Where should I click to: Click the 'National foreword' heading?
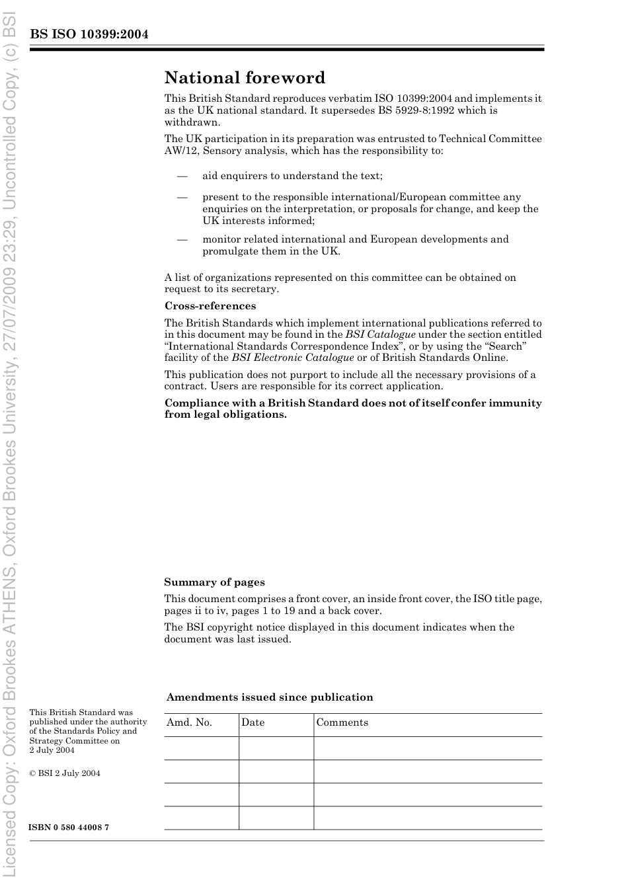[245, 78]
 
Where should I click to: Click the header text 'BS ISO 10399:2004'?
[89, 34]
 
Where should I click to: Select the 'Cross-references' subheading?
[210, 306]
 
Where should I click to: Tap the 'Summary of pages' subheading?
[214, 582]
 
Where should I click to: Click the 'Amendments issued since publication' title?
[270, 697]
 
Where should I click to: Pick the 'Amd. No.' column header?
[189, 722]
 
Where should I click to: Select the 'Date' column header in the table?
[253, 722]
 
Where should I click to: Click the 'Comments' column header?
[342, 722]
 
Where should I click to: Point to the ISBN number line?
[69, 828]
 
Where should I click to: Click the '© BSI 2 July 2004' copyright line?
[65, 773]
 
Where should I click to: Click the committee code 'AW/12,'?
[182, 151]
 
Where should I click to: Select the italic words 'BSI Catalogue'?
[380, 334]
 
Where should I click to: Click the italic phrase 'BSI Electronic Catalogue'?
[292, 358]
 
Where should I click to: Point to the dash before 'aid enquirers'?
[182, 176]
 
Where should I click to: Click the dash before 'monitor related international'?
[182, 239]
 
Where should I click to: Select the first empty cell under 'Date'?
[276, 748]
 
